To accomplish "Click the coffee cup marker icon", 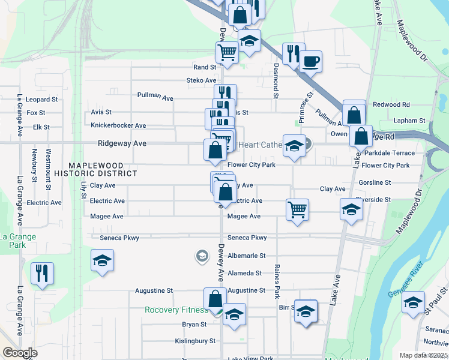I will tap(310, 61).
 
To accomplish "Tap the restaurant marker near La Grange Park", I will tap(42, 273).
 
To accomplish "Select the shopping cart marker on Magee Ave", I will tap(297, 209).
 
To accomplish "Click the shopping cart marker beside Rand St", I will tap(227, 52).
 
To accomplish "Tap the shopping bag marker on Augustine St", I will tap(215, 298).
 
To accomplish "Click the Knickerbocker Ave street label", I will tap(118, 126).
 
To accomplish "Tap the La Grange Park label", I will tap(17, 241).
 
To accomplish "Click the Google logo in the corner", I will tap(20, 353).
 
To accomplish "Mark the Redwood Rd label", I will tap(391, 104).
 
